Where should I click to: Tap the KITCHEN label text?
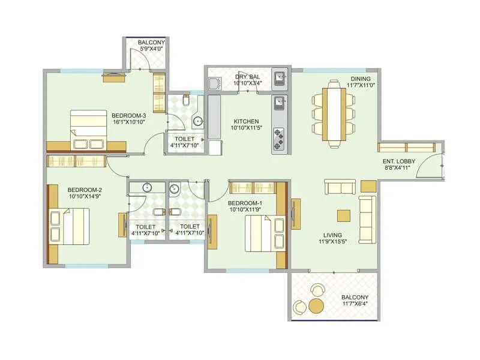point(246,121)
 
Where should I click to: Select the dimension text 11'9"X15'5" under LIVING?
point(332,242)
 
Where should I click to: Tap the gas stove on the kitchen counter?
point(280,139)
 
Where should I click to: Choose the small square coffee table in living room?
point(344,215)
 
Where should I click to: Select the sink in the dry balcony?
point(279,78)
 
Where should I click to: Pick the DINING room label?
point(361,79)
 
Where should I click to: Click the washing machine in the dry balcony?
point(215,83)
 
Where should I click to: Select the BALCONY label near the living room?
point(355,298)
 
